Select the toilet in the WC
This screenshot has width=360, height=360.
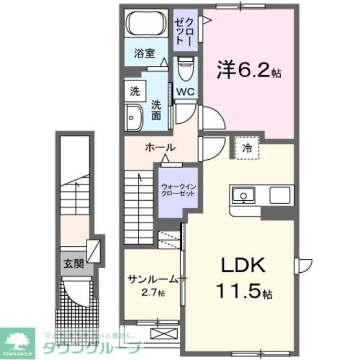(184, 70)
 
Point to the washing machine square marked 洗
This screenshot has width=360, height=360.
(134, 89)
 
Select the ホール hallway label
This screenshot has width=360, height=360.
(160, 148)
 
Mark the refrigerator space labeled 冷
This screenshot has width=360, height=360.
(246, 148)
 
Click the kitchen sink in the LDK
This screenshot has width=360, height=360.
(244, 195)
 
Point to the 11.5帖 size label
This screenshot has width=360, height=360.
(245, 292)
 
